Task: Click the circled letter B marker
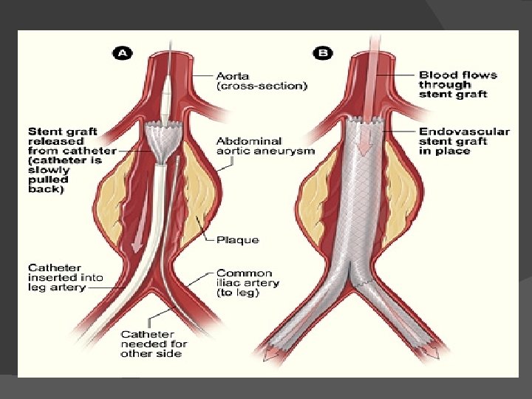[322, 53]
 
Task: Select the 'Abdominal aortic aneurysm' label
[265, 146]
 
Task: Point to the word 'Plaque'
[237, 240]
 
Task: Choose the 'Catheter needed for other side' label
[154, 344]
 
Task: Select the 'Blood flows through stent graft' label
[458, 84]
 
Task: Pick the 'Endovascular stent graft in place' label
[463, 140]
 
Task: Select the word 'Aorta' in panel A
[233, 75]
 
